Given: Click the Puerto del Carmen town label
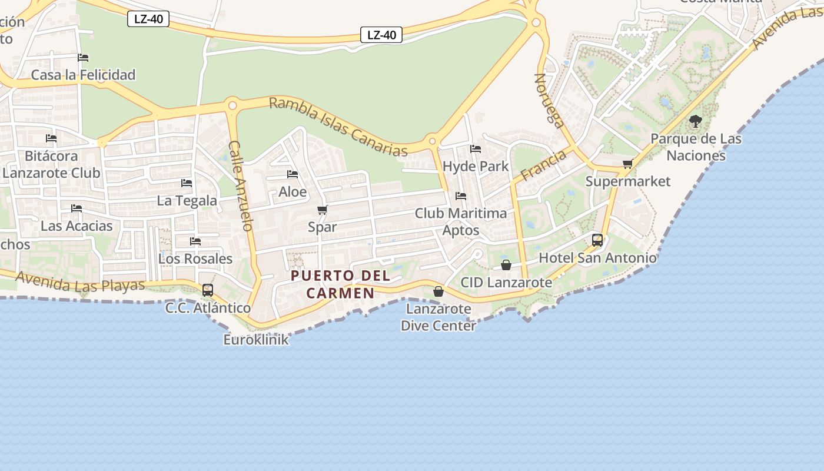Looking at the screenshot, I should coord(340,284).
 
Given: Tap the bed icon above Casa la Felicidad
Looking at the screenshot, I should coord(83,58).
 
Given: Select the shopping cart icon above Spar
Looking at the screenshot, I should coord(322,210).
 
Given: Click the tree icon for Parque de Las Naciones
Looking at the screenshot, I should coord(695,122).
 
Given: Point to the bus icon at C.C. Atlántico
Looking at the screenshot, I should coord(208,290).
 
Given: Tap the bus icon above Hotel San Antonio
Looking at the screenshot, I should coord(597,240).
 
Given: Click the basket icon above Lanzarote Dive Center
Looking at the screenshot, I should coord(438,291).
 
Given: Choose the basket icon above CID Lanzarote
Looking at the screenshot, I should coord(506,265).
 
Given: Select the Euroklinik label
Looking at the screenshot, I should coord(256,340).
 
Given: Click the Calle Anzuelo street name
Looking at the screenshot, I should coord(241,185).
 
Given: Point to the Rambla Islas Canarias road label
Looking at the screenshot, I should coord(338,127).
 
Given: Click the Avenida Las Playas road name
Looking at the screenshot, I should coord(80,281).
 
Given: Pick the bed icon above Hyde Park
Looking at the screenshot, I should coord(476,149).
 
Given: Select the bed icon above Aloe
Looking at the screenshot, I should coord(293,174).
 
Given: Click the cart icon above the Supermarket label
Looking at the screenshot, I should coord(628,164).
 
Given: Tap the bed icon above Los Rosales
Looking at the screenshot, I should coord(195,241).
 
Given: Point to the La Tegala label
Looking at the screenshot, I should coord(187,201).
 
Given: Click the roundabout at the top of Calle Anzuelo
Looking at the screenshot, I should coord(232,105).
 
